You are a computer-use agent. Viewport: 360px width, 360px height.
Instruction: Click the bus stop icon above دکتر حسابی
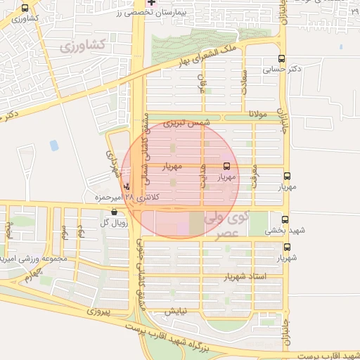pyautogui.click(x=282, y=59)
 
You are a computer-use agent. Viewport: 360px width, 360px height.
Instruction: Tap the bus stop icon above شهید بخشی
pyautogui.click(x=285, y=219)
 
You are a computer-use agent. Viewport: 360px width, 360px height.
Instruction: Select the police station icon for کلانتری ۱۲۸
pyautogui.click(x=127, y=187)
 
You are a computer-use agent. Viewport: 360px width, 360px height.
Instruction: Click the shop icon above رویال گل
pyautogui.click(x=114, y=212)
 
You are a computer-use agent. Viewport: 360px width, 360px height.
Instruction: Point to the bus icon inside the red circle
pyautogui.click(x=226, y=167)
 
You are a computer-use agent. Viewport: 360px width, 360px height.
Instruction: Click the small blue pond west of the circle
pyautogui.click(x=54, y=146)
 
